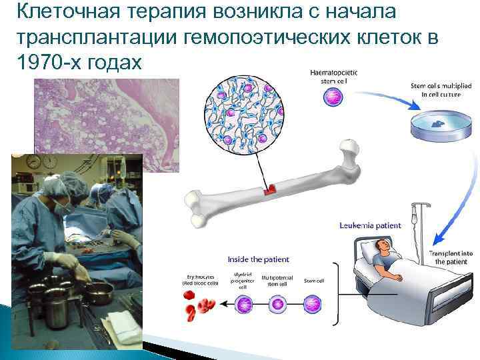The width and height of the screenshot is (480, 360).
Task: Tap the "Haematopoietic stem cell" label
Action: click(x=332, y=75)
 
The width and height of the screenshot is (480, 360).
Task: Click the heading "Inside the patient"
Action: click(x=257, y=259)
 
